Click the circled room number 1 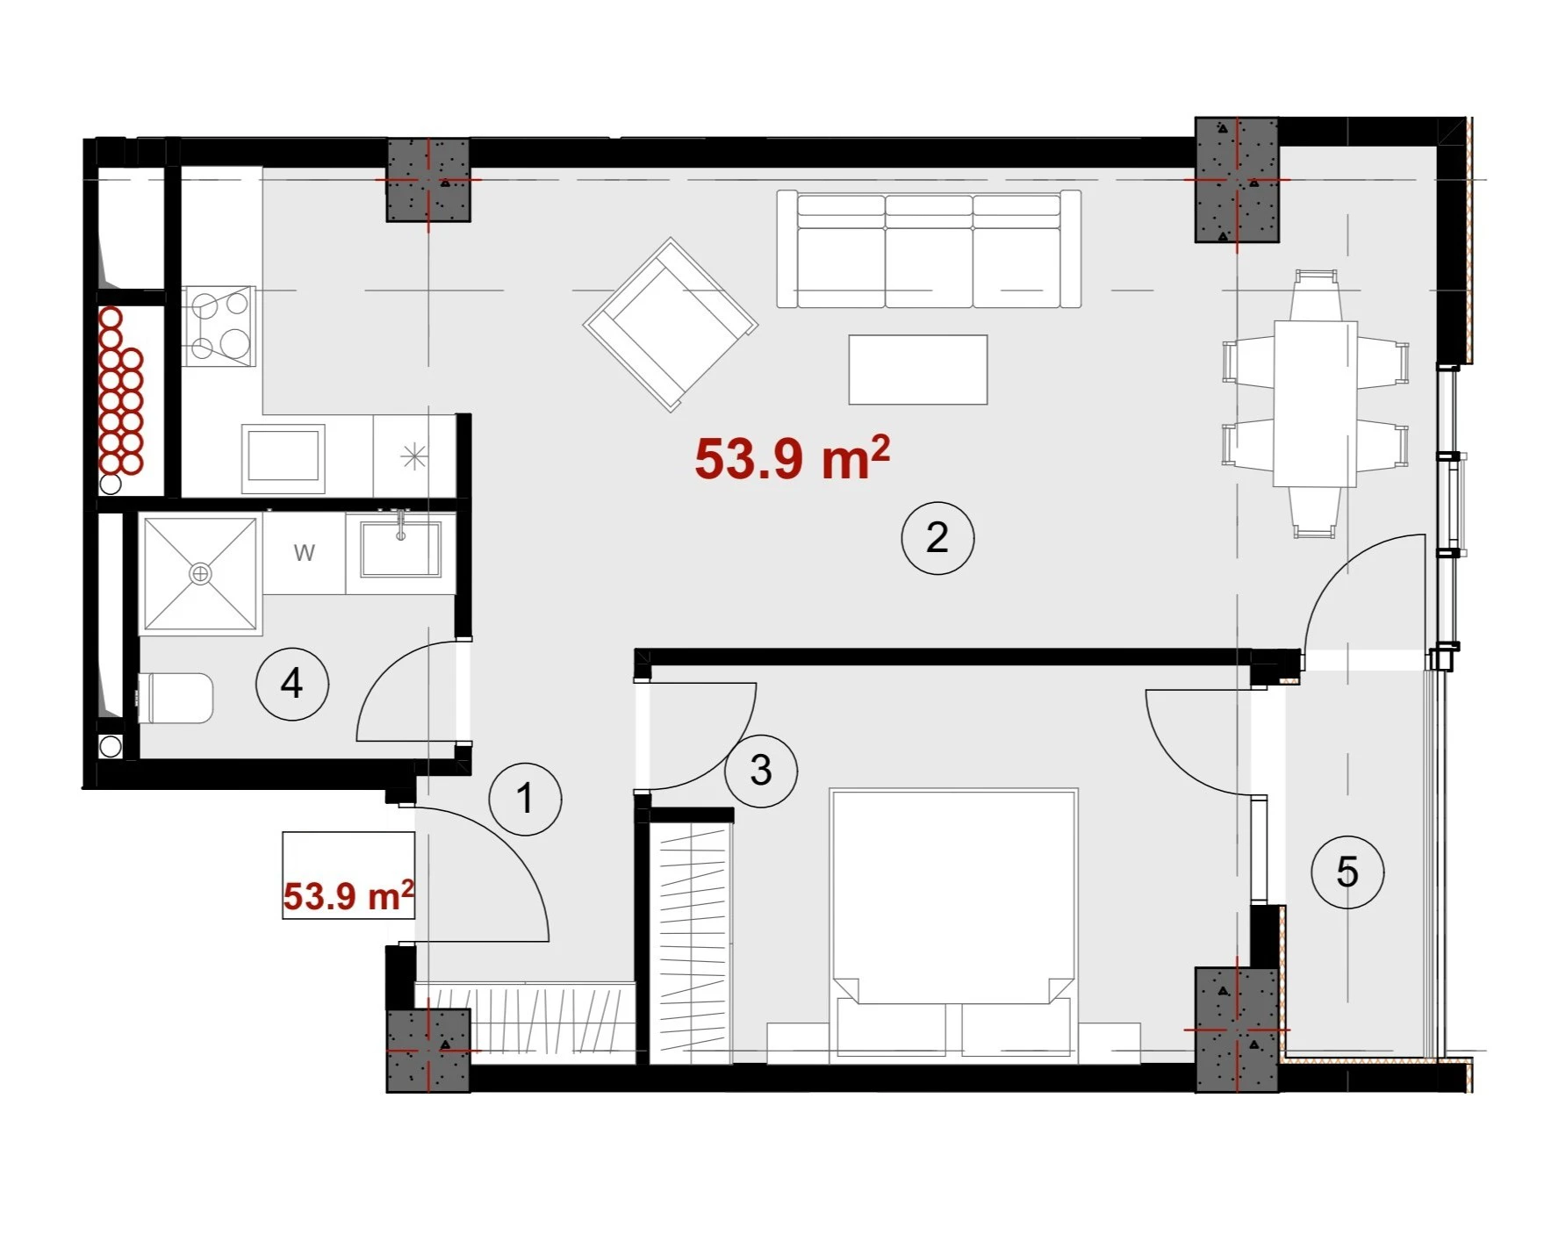tap(525, 799)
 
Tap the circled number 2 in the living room tap(938, 537)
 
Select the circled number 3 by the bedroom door tap(761, 770)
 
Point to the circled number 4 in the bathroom tap(291, 683)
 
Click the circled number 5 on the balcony tap(1347, 872)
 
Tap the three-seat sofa tap(929, 248)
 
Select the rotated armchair tap(671, 324)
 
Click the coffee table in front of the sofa tap(918, 370)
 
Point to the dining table tap(1315, 404)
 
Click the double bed tap(953, 922)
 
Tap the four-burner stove tap(219, 326)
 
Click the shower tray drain tap(201, 573)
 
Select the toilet tap(176, 698)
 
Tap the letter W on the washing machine tap(304, 553)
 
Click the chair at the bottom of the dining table tap(1315, 512)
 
